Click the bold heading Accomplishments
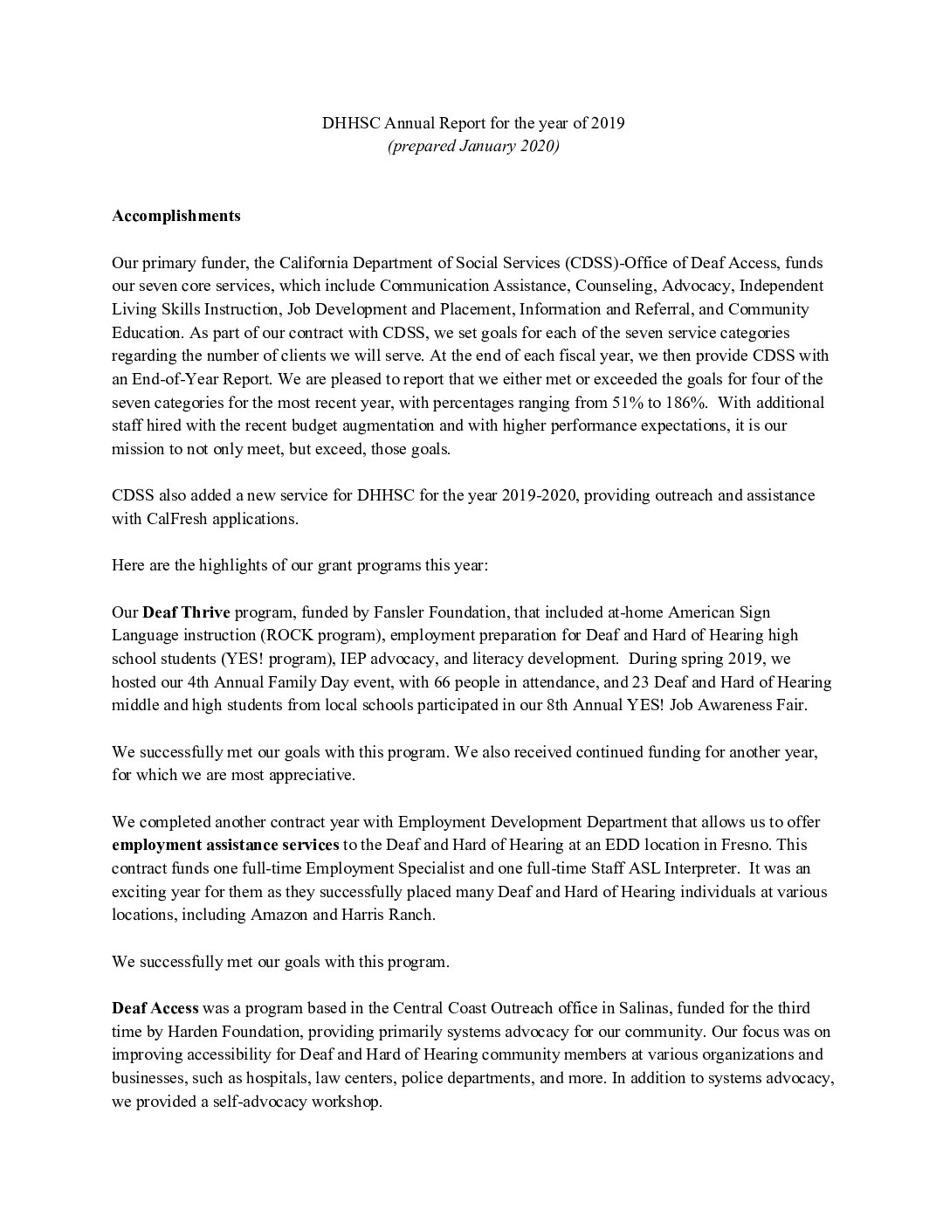[176, 216]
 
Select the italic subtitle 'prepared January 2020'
[473, 146]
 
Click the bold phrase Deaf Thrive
[185, 612]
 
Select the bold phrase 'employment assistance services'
[225, 844]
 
